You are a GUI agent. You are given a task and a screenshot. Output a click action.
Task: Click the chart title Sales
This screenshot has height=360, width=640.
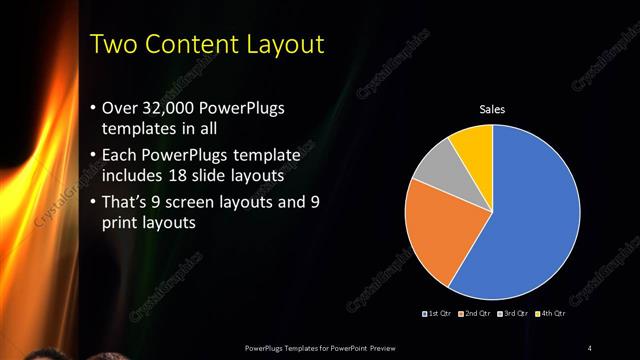click(x=493, y=109)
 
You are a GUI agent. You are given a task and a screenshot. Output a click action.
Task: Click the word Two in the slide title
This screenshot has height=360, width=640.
click(x=112, y=44)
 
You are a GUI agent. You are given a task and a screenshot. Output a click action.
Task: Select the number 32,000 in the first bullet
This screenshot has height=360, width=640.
click(x=170, y=108)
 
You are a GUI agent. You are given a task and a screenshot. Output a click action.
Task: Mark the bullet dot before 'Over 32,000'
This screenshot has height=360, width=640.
click(x=92, y=108)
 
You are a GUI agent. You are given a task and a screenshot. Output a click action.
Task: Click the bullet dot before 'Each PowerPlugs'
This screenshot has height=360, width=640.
click(x=92, y=156)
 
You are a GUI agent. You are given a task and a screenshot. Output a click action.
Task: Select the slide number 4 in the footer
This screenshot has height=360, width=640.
click(x=590, y=347)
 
